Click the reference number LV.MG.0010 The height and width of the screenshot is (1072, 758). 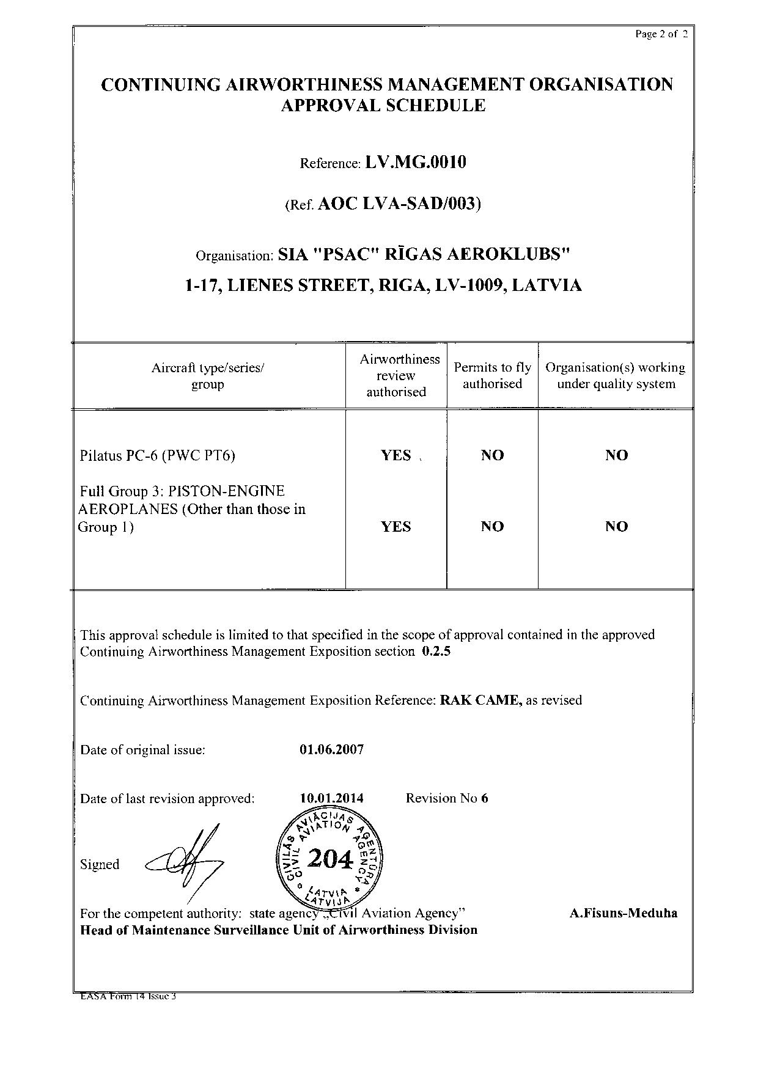[416, 162]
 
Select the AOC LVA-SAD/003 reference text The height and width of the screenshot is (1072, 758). [400, 204]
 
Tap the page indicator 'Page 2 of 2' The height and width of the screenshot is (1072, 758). [661, 34]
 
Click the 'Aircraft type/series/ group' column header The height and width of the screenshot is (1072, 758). [208, 376]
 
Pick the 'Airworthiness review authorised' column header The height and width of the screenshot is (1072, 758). [396, 376]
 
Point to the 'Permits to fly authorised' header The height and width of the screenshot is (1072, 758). [492, 376]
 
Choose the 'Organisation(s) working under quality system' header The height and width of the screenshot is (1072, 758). [616, 376]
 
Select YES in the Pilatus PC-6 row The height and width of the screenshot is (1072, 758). [396, 455]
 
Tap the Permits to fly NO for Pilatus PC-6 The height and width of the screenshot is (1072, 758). [492, 455]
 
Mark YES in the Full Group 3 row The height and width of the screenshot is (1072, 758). [396, 527]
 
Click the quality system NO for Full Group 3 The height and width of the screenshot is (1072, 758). [616, 527]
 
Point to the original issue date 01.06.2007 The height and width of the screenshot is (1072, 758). [332, 750]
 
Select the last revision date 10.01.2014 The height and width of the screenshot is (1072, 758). [332, 798]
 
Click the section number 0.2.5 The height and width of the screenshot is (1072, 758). [436, 652]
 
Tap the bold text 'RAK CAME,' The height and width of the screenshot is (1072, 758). [481, 700]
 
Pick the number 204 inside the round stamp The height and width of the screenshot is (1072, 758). [330, 860]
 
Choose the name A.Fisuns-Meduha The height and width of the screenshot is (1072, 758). [624, 914]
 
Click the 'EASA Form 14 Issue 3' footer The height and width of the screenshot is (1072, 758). [128, 997]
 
